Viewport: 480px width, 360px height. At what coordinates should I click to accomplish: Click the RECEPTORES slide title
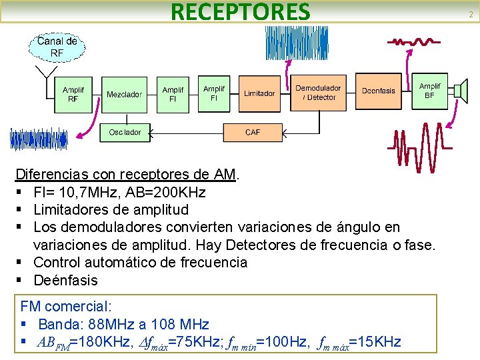pyautogui.click(x=241, y=12)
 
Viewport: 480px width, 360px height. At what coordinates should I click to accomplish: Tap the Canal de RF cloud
pyautogui.click(x=57, y=46)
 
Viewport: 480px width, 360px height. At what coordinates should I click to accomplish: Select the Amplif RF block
pyautogui.click(x=73, y=94)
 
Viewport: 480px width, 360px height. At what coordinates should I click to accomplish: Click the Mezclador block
pyautogui.click(x=124, y=95)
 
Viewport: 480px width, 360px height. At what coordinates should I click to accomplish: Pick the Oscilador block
pyautogui.click(x=125, y=132)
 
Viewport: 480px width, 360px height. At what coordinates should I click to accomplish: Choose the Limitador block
pyautogui.click(x=259, y=93)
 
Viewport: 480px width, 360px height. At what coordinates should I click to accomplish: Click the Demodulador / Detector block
pyautogui.click(x=318, y=93)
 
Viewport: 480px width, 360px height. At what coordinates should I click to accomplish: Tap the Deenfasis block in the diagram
pyautogui.click(x=378, y=91)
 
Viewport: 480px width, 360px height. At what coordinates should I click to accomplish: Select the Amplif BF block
pyautogui.click(x=429, y=91)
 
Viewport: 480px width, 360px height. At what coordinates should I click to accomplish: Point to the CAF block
pyautogui.click(x=253, y=132)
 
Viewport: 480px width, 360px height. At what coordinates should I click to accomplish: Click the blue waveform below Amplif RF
pyautogui.click(x=39, y=139)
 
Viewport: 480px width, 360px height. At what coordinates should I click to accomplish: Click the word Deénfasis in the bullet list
pyautogui.click(x=65, y=280)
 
